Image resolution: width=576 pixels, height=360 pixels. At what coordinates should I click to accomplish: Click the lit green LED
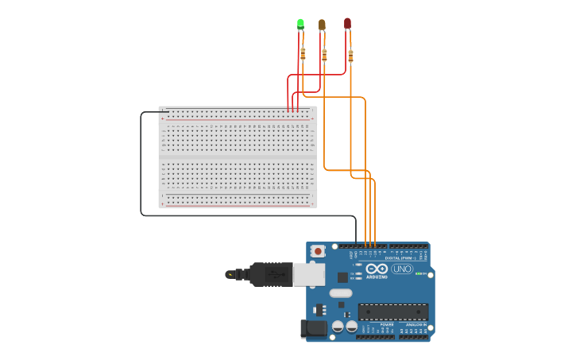click(300, 24)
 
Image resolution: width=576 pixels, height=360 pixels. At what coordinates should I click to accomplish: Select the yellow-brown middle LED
click(322, 25)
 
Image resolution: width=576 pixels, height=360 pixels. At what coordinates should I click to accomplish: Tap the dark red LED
click(347, 23)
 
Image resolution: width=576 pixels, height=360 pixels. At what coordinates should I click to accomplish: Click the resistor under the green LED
click(303, 54)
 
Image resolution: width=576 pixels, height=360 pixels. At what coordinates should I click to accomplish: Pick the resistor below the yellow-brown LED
click(324, 55)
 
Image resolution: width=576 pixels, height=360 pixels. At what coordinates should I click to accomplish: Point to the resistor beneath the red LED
click(350, 56)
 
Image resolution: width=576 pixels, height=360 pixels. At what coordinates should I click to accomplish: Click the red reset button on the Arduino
click(319, 251)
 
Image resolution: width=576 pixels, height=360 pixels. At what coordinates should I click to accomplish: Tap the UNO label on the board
click(402, 269)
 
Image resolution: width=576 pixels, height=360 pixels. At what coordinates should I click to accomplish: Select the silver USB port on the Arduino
click(309, 274)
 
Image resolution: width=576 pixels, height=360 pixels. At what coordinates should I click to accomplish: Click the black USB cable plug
click(270, 274)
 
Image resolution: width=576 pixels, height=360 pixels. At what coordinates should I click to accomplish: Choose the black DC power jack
click(315, 328)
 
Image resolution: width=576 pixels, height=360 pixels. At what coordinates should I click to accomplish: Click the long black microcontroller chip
click(392, 312)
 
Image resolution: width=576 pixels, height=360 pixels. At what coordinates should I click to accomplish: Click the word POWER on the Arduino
click(386, 324)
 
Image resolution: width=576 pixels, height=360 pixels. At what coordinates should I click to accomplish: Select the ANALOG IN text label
click(416, 324)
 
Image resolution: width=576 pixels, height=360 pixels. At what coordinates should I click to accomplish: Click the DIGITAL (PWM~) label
click(403, 258)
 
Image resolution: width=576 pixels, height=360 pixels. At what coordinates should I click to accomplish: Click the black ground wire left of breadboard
click(141, 167)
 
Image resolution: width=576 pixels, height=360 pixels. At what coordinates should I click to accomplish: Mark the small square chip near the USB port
click(342, 277)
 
